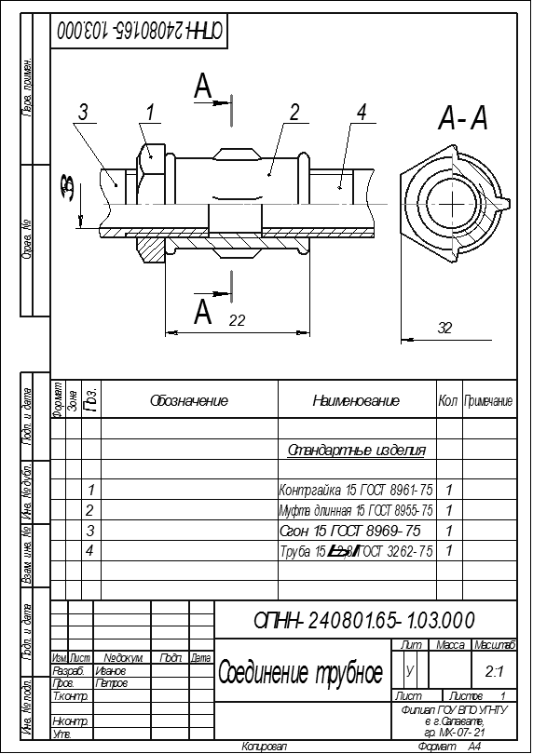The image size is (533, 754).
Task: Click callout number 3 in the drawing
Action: [x=83, y=113]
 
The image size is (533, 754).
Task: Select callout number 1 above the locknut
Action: [x=150, y=112]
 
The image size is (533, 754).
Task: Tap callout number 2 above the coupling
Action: [x=294, y=113]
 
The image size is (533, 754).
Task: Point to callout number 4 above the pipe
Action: [x=360, y=113]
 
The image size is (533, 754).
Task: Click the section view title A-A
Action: [x=463, y=118]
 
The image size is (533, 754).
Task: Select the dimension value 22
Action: [x=237, y=319]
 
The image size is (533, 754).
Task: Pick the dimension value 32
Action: [x=446, y=327]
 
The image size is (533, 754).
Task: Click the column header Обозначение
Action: [x=189, y=401]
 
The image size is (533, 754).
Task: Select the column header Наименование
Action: [x=356, y=401]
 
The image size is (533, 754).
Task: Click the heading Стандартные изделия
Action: [x=357, y=451]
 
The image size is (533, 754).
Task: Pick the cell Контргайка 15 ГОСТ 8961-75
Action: [x=356, y=490]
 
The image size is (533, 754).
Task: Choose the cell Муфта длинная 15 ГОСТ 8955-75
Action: [x=356, y=510]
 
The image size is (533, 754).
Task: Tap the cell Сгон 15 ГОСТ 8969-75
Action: [x=350, y=531]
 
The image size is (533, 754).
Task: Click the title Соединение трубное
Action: [x=300, y=672]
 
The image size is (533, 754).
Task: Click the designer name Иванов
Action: [x=111, y=670]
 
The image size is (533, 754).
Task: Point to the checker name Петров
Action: [x=111, y=683]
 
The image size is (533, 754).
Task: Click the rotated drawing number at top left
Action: [x=141, y=31]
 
